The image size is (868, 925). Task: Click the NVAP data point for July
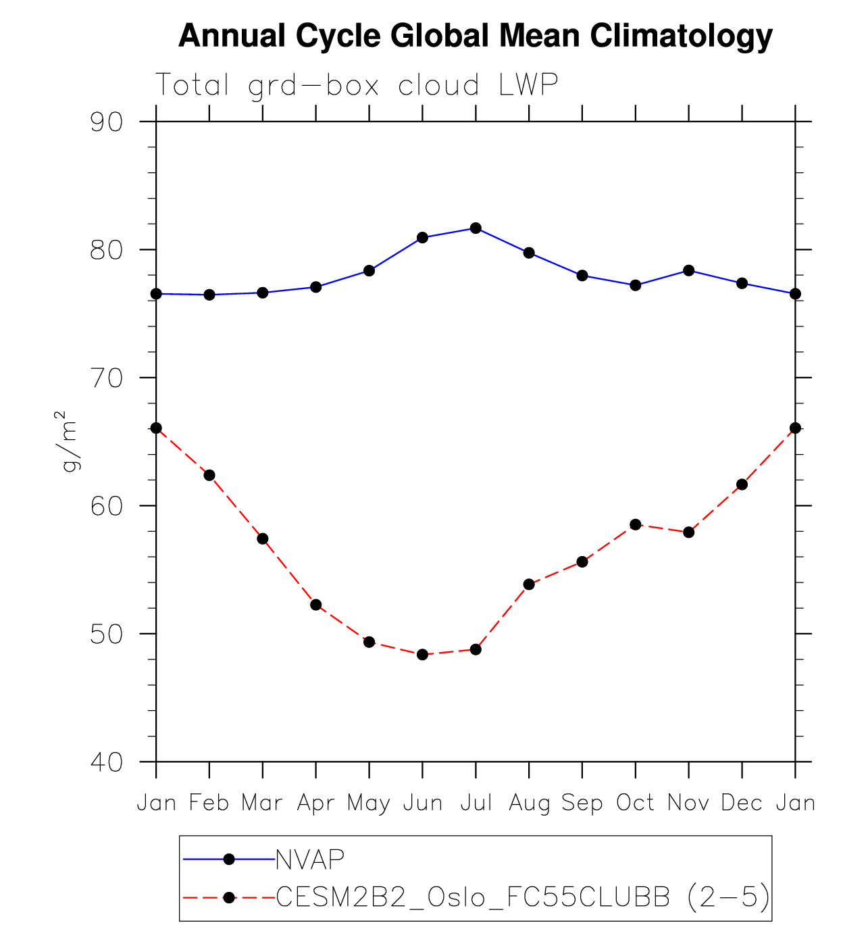point(476,228)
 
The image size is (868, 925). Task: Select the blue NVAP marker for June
point(422,238)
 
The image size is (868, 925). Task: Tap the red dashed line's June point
point(422,655)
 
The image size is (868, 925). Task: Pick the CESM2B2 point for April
point(315,605)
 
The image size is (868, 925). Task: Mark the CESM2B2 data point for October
point(635,525)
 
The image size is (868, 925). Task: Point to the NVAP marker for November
point(688,270)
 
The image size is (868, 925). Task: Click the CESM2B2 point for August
point(529,584)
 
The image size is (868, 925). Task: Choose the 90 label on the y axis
point(107,122)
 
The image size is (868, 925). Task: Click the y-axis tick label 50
point(107,634)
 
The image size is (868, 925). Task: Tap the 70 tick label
point(107,378)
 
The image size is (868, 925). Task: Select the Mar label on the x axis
point(262,803)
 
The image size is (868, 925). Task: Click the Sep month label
point(582,803)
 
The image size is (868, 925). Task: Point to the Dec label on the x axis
point(742,803)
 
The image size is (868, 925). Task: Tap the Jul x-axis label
point(476,803)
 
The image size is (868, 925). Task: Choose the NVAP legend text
point(311,859)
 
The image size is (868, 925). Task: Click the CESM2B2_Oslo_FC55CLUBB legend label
point(473,897)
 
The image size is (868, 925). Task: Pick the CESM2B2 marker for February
point(209,476)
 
